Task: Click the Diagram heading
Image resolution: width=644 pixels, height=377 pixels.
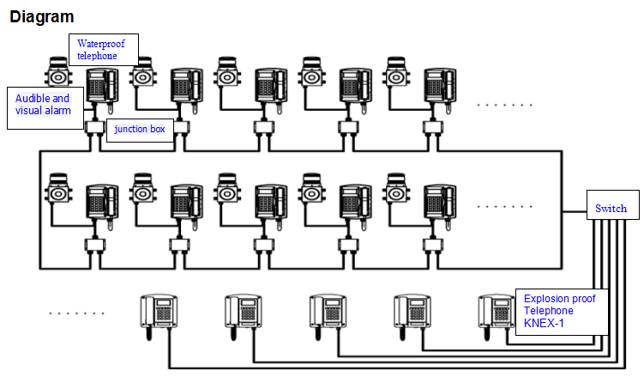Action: [41, 16]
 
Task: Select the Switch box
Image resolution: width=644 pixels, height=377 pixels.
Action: [611, 208]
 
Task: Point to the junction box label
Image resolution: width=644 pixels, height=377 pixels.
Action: [140, 130]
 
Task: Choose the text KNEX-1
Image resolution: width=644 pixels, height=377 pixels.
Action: [545, 325]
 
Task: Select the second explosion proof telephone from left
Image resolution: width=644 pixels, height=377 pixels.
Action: [242, 312]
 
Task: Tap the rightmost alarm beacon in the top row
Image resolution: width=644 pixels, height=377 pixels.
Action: [395, 72]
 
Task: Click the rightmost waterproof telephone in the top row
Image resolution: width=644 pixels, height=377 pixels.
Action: [441, 86]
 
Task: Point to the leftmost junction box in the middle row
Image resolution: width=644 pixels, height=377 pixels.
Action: [93, 246]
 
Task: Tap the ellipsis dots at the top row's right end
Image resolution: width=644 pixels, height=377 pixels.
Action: [504, 106]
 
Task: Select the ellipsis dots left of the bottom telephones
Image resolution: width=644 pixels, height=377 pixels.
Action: [75, 313]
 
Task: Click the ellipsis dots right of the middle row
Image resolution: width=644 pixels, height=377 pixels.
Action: [504, 206]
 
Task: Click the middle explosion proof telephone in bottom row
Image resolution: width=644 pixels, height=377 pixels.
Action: [327, 312]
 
